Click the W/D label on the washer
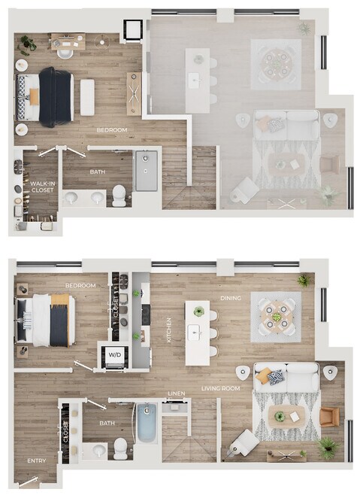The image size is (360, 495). (x=114, y=354)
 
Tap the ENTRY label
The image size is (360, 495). (x=37, y=461)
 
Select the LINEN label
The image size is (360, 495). (x=177, y=393)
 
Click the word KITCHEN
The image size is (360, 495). (x=169, y=330)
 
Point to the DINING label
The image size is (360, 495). (x=231, y=298)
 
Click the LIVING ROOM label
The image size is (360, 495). (x=220, y=388)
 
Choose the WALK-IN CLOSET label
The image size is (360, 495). (x=42, y=187)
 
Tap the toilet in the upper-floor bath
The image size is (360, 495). (x=119, y=196)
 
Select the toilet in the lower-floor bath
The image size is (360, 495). (x=120, y=448)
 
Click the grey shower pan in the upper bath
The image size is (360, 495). (x=147, y=171)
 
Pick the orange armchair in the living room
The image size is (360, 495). (x=330, y=417)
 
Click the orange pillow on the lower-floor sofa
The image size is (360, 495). (x=262, y=375)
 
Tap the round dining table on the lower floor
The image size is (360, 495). (x=277, y=317)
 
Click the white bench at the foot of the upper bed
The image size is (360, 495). (x=87, y=97)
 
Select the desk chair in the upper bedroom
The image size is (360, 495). (x=65, y=53)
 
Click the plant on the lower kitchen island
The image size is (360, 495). (x=198, y=311)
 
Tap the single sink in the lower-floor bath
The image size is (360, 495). (x=100, y=450)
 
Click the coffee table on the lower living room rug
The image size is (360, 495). (x=287, y=417)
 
